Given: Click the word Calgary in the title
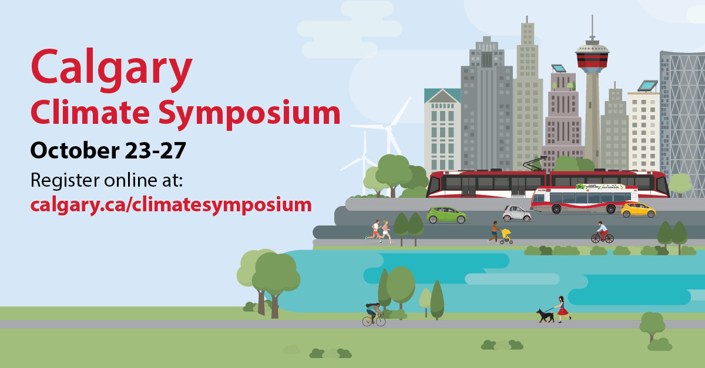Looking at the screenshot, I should point(112,66).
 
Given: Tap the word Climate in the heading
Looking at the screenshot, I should point(82,112).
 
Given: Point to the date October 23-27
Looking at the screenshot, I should point(108,150).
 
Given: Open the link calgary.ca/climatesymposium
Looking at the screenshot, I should point(170,204).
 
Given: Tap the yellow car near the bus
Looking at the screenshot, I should point(638,210).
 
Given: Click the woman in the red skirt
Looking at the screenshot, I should point(563,309).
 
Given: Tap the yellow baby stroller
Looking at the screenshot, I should point(506,237).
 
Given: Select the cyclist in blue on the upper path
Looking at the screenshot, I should point(602,232).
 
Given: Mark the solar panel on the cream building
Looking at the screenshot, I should point(647,86).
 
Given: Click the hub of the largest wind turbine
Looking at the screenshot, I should point(388,127).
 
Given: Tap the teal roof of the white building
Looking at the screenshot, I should point(442,96).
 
